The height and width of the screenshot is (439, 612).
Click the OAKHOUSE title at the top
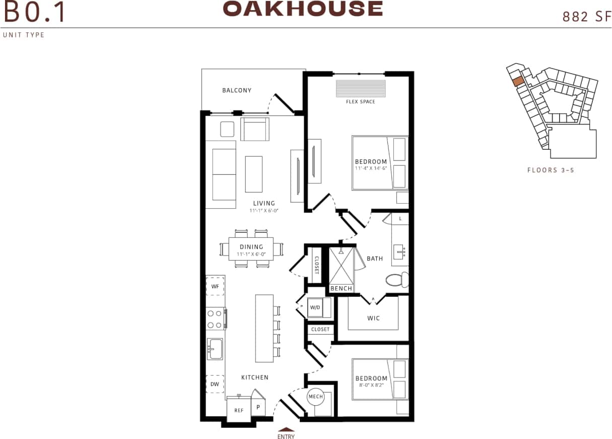(303, 9)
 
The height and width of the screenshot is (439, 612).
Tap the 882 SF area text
(583, 17)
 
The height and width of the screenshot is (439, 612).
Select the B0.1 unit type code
(34, 13)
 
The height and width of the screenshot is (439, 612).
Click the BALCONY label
(237, 91)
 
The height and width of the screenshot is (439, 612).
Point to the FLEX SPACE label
(360, 102)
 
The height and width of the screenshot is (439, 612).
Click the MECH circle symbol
(316, 397)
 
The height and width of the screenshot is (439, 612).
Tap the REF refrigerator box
(239, 410)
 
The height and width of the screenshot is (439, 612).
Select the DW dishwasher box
(215, 384)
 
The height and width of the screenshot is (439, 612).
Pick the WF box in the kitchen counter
(215, 286)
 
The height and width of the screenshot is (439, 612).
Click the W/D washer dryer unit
(315, 307)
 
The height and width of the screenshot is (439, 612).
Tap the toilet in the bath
(397, 280)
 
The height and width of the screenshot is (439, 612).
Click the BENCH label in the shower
(341, 288)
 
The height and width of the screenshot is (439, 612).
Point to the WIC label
(373, 318)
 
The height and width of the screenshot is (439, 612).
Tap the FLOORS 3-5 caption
(551, 170)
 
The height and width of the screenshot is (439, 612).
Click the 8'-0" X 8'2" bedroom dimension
(371, 386)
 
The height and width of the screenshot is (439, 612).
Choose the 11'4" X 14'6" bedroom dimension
(371, 169)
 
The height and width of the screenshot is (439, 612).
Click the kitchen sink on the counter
(215, 348)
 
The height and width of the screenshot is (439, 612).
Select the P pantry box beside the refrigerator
(258, 407)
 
